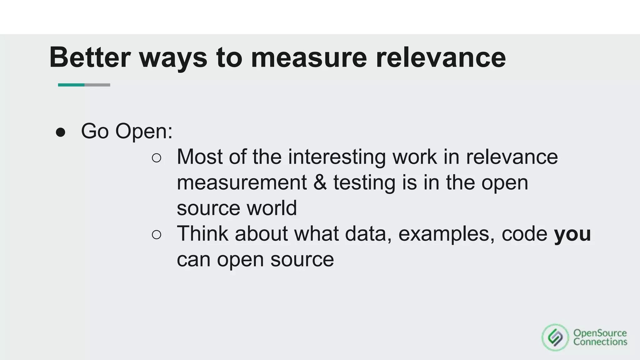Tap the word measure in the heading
[x=309, y=57]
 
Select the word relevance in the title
[x=441, y=57]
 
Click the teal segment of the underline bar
[x=71, y=85]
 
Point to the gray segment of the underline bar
[x=97, y=85]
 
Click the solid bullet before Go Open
[x=60, y=132]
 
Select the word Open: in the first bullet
[x=144, y=131]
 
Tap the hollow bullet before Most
[x=157, y=158]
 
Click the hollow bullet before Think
[x=157, y=235]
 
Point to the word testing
[x=364, y=183]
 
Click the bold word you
[x=572, y=234]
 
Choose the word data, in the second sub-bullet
[x=368, y=233]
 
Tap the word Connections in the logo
[x=600, y=342]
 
